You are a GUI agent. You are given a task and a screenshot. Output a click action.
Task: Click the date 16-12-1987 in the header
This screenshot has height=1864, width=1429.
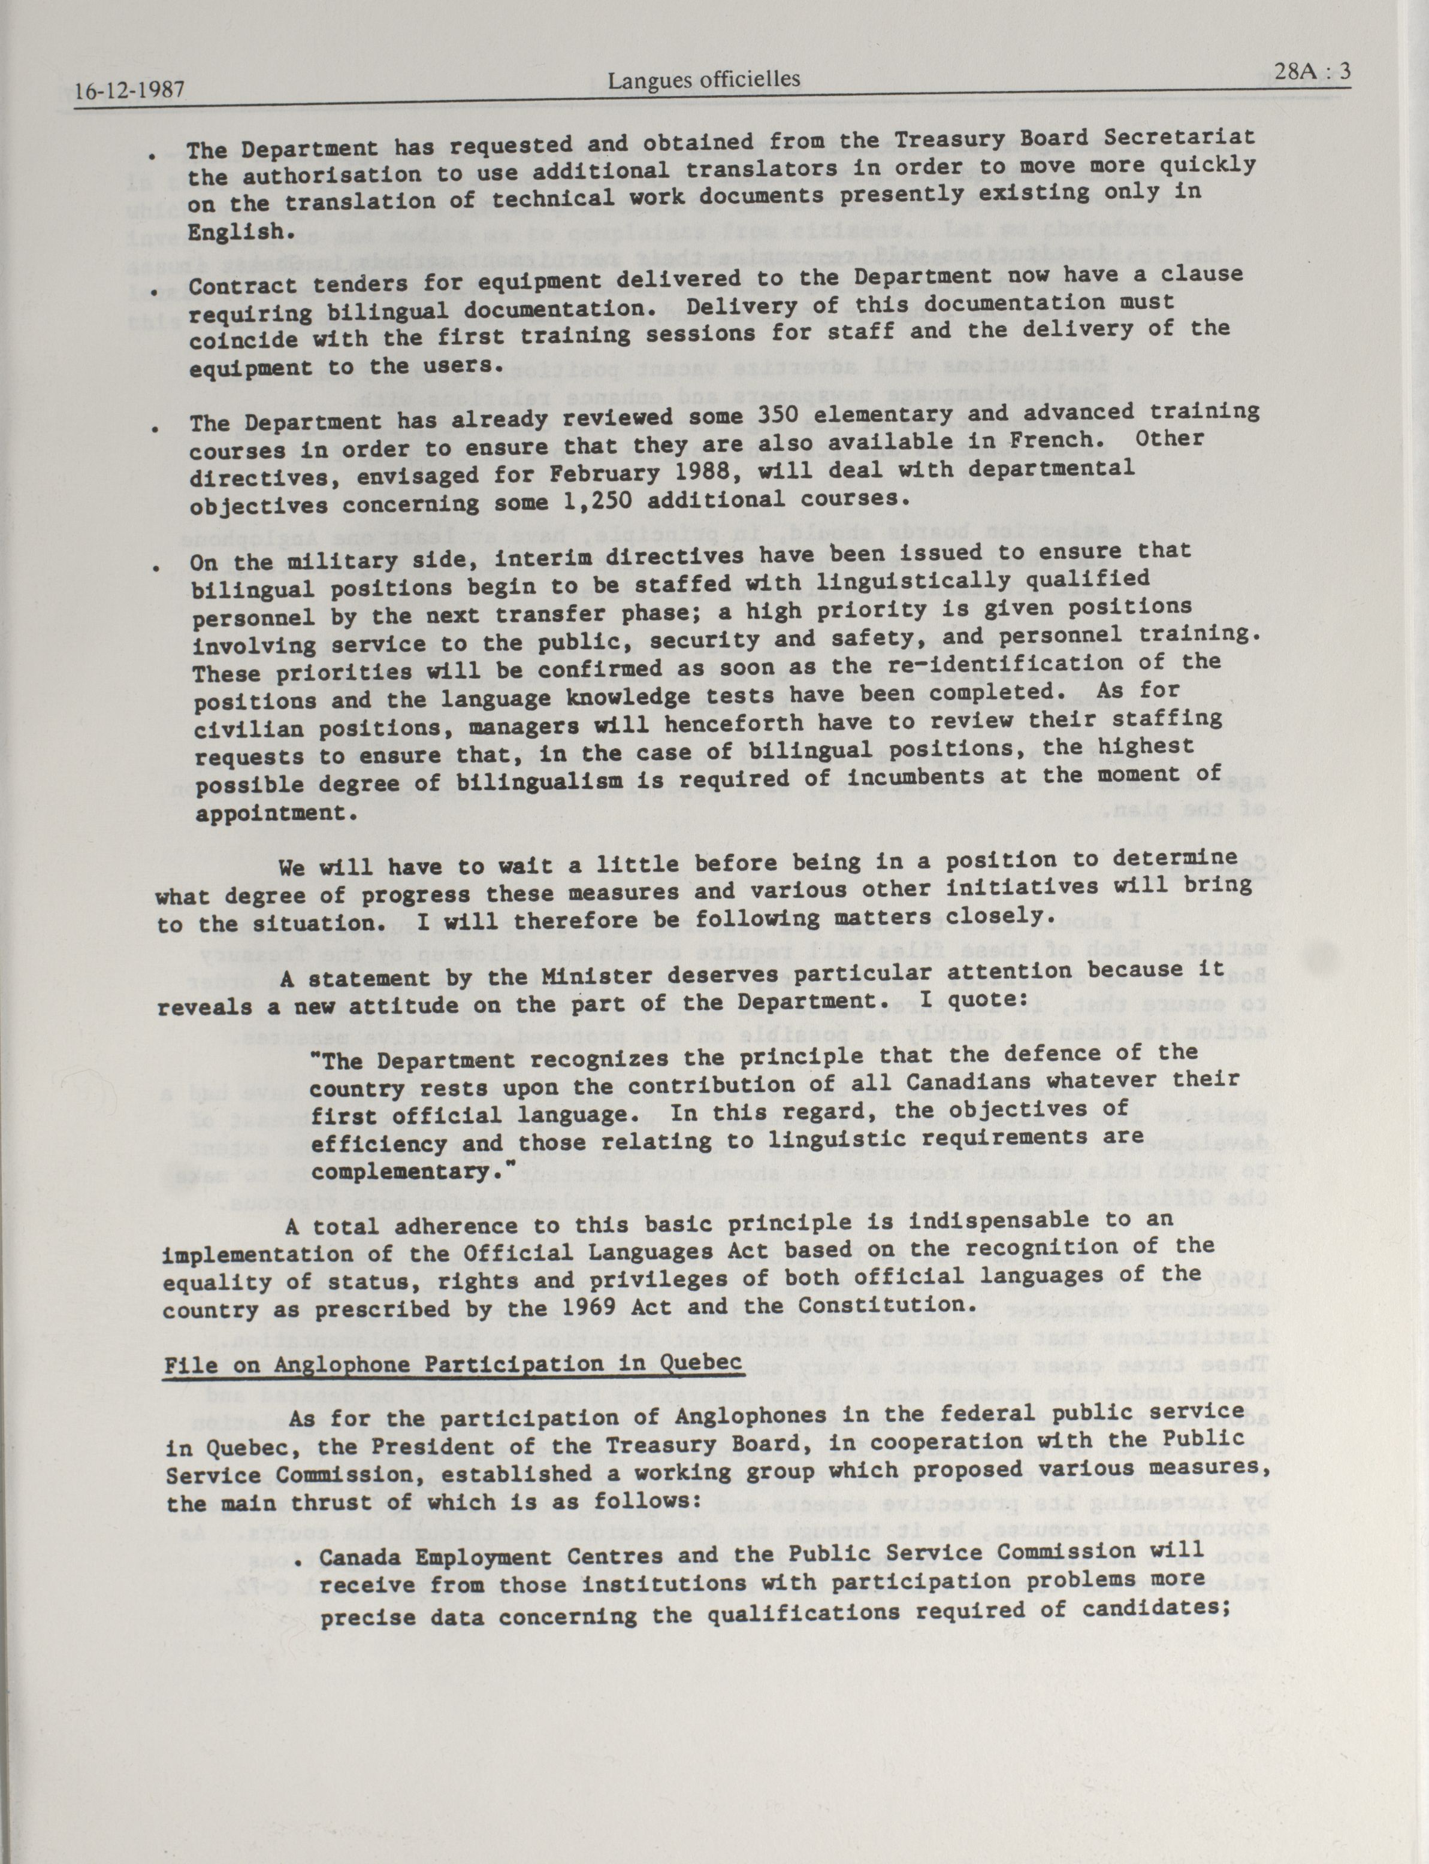(129, 90)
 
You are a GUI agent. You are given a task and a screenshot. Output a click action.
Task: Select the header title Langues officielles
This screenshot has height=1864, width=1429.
(703, 80)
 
